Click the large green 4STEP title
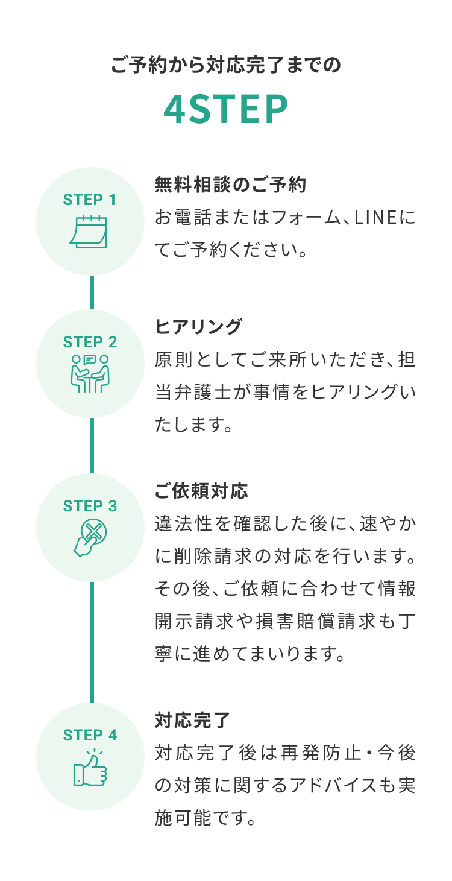[225, 109]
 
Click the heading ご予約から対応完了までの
[226, 65]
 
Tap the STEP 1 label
[90, 200]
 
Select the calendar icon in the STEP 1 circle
[89, 232]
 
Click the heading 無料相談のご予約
[230, 185]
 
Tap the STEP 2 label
[90, 342]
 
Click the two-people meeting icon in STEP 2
[90, 374]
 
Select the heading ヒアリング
[198, 327]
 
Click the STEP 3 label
[90, 506]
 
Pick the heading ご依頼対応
[201, 491]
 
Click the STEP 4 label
[90, 735]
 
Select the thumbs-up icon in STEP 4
[90, 768]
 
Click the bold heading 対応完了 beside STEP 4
[192, 720]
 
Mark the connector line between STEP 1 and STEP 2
[92, 292]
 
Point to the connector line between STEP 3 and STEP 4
[92, 642]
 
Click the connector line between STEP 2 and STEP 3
[92, 445]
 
